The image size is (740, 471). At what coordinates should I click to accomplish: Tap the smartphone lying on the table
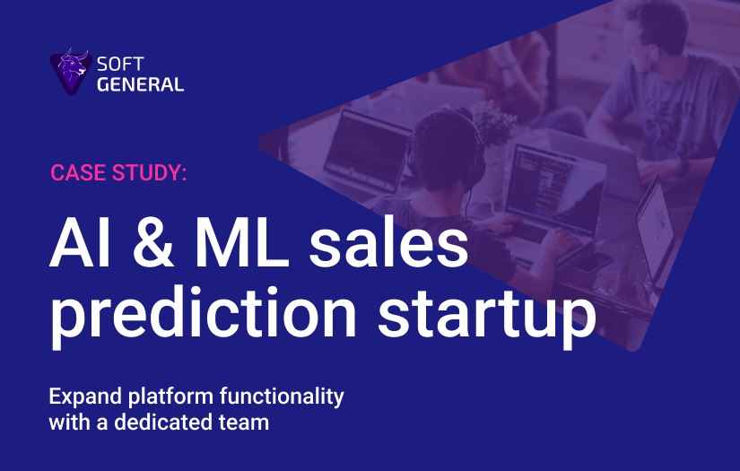tap(592, 262)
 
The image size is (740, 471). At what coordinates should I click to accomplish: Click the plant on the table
tap(492, 121)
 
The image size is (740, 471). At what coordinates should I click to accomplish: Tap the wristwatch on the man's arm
tap(683, 168)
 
